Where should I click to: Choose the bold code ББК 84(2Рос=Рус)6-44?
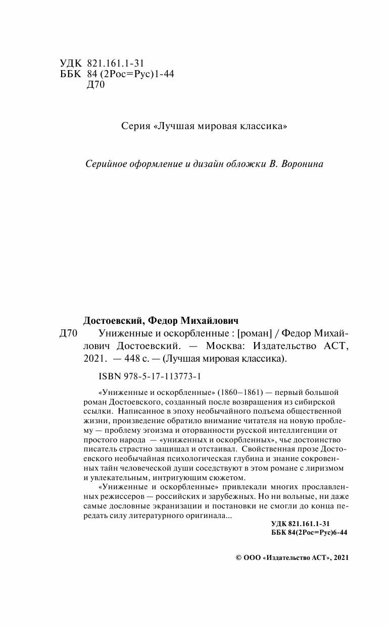(x=309, y=532)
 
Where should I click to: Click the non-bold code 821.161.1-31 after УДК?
(x=116, y=63)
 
